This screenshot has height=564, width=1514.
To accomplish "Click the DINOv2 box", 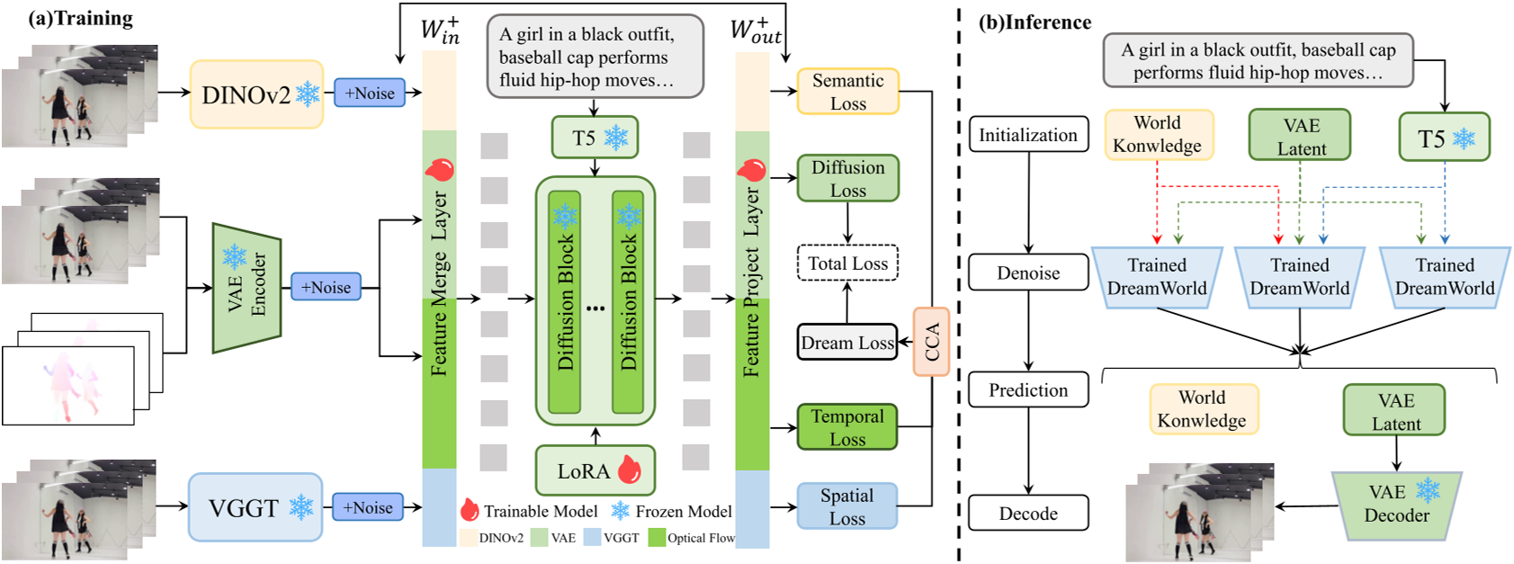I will (256, 94).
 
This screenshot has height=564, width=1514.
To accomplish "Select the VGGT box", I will (255, 507).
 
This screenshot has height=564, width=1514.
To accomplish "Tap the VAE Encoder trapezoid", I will (246, 288).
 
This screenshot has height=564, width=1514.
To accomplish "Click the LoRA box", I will (595, 470).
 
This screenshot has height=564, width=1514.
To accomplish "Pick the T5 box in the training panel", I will (595, 138).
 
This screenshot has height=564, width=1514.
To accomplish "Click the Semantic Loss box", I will (847, 92).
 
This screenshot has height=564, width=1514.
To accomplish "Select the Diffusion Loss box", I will (847, 178).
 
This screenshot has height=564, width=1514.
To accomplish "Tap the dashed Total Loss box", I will (847, 264).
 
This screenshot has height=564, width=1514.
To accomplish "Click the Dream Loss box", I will (847, 343).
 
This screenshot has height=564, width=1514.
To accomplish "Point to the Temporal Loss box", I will (847, 427).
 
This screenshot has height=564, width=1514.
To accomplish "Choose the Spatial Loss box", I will (847, 506).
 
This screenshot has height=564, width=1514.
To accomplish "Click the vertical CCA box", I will (931, 341).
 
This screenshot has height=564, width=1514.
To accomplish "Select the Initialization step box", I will (1028, 135).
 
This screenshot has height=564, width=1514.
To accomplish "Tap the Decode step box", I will (1028, 514).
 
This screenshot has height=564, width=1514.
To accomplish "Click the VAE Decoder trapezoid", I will (1396, 504).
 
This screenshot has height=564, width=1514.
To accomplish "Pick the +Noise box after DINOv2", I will (370, 93).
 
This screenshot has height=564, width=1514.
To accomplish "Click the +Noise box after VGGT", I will (368, 507).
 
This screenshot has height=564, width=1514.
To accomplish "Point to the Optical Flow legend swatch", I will (656, 538).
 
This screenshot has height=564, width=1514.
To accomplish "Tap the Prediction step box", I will (1028, 390).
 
